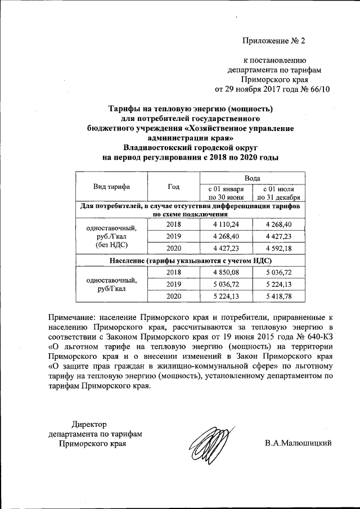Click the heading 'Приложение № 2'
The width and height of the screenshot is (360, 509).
point(273,40)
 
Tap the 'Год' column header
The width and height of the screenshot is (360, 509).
point(173,186)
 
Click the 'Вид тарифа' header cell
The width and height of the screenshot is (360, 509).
point(111,186)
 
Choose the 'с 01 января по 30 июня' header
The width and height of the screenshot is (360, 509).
point(226,193)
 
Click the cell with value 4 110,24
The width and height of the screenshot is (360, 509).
point(226,224)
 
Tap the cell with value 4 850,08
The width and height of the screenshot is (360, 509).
point(226,272)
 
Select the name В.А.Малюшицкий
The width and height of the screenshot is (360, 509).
point(299,443)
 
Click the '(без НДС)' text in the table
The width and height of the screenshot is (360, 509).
point(111,245)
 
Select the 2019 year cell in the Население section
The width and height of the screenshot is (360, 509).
point(173,284)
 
